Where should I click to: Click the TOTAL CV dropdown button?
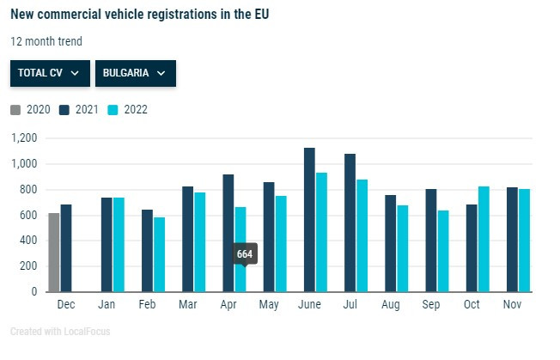[x=49, y=73]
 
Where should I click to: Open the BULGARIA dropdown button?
[x=135, y=73]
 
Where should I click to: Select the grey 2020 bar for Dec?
[x=54, y=253]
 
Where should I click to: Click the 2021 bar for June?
[x=309, y=220]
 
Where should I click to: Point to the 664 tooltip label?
[x=245, y=254]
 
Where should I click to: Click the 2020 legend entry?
[x=31, y=109]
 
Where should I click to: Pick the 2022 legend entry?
[x=128, y=109]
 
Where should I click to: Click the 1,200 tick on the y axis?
[x=25, y=138]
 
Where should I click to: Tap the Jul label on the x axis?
[x=350, y=305]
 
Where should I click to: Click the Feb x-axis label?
[x=147, y=305]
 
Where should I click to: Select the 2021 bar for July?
[x=350, y=223]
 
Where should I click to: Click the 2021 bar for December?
[x=66, y=248]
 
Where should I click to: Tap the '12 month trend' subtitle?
[x=46, y=41]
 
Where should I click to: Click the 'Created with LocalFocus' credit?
[x=60, y=332]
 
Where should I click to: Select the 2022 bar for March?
[x=199, y=242]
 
